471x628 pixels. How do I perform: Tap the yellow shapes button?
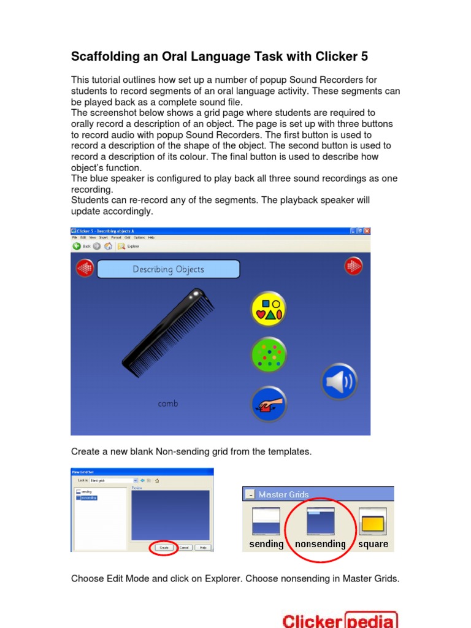coord(269,308)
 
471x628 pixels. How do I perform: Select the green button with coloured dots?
coord(269,355)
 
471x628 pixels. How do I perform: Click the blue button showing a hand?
coord(269,404)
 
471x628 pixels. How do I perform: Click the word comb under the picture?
coord(168,404)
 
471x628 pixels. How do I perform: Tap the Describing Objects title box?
coord(168,269)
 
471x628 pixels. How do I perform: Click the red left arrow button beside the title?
coord(85,268)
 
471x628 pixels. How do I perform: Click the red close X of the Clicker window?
coord(367,231)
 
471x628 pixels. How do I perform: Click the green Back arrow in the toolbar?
coord(77,246)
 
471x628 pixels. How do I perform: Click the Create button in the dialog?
coord(164,547)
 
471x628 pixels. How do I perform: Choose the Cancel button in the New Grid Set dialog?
coord(185,547)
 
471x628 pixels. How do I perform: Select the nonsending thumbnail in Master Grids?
coord(320,521)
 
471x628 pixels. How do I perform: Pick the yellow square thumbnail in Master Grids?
coord(372,521)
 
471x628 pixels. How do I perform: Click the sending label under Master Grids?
coord(266,544)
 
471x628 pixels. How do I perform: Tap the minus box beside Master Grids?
coord(250,494)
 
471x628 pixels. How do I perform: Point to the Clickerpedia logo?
coord(340,619)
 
